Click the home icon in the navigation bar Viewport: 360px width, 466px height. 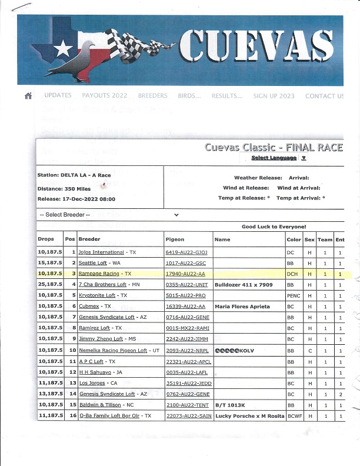[x=28, y=96]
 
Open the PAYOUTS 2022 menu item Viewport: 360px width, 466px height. [x=104, y=95]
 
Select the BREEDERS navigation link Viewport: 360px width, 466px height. [x=152, y=95]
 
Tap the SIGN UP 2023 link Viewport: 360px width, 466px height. [x=274, y=95]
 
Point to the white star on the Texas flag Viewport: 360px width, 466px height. [x=61, y=49]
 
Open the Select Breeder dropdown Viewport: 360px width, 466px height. [x=109, y=215]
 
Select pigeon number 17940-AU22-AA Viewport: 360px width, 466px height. [x=186, y=274]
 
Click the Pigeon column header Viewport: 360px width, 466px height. [x=175, y=239]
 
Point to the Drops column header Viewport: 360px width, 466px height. [x=46, y=239]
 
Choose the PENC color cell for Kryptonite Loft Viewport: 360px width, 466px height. [x=294, y=295]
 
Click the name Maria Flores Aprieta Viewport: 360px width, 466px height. [x=242, y=306]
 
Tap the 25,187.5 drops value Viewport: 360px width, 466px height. [x=50, y=284]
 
